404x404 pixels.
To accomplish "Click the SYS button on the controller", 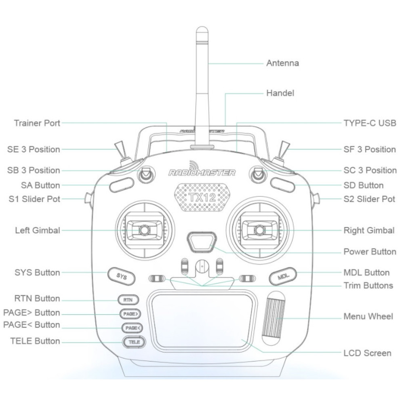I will pos(121,276).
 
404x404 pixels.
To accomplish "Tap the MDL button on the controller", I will pos(283,276).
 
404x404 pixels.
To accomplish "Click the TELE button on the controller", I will pos(134,342).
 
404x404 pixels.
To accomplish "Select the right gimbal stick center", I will pos(259,230).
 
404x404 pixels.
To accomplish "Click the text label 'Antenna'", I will pos(282,63).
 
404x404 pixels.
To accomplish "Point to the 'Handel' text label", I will pos(280,93).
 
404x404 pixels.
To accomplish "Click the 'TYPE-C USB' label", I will pos(369,123).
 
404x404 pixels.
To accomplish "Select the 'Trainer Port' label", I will pos(37,123).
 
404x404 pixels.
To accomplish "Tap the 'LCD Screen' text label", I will pos(367,353).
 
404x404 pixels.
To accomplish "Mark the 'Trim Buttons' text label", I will pos(368,286).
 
